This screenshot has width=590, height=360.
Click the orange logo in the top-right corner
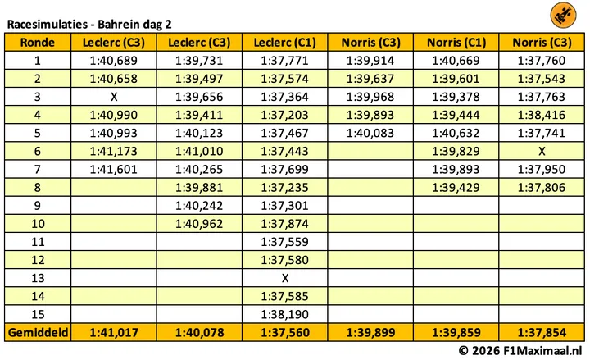click(x=563, y=15)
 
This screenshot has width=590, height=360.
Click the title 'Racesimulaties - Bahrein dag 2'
click(x=89, y=25)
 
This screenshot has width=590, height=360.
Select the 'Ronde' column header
click(x=37, y=42)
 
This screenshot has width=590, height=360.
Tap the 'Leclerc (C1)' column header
click(x=285, y=42)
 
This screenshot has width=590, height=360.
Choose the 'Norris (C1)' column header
click(x=456, y=42)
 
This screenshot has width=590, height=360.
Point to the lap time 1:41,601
click(x=114, y=170)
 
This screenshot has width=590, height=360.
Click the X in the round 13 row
click(x=285, y=278)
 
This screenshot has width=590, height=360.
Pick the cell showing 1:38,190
click(x=285, y=314)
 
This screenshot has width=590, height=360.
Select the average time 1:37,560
click(x=285, y=332)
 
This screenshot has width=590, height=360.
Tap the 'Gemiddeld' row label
click(x=38, y=332)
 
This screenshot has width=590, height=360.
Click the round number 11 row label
click(x=38, y=242)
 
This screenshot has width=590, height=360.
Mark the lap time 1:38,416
click(x=542, y=115)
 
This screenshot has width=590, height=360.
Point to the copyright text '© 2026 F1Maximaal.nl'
click(x=520, y=351)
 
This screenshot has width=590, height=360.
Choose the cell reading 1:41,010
click(x=199, y=152)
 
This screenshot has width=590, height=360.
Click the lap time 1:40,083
click(x=370, y=134)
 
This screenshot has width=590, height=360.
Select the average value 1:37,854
click(x=542, y=332)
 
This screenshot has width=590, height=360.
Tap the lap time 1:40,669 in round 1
click(x=456, y=61)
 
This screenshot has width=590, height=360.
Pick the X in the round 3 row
click(x=114, y=97)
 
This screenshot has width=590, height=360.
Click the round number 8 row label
click(x=37, y=188)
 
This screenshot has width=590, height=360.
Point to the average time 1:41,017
click(x=114, y=332)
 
